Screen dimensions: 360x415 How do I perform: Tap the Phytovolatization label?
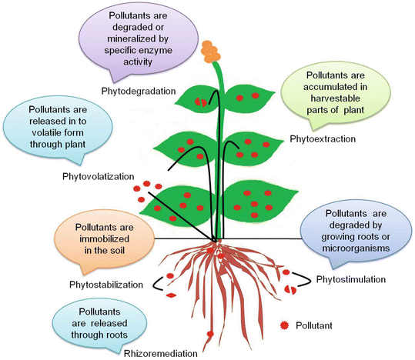pos(98,177)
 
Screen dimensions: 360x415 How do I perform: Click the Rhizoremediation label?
pos(159,353)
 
